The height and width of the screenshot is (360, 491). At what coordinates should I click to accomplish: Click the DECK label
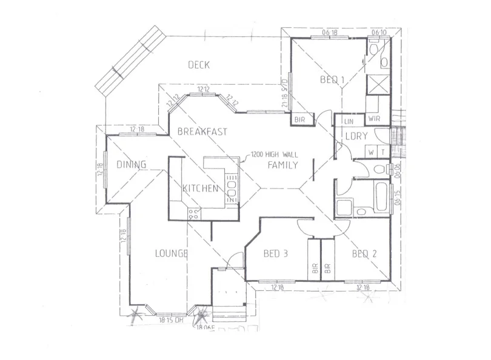click(198, 65)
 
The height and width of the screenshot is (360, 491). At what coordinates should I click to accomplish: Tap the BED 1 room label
click(332, 79)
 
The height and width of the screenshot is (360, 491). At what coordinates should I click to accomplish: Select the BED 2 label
click(364, 254)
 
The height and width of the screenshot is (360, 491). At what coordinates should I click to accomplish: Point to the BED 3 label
click(275, 254)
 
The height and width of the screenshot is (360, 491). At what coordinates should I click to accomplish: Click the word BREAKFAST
click(202, 131)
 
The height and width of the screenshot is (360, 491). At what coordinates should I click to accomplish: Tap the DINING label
click(132, 164)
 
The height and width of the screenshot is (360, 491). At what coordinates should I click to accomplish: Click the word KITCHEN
click(200, 188)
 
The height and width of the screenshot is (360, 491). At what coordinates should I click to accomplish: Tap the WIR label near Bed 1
click(373, 119)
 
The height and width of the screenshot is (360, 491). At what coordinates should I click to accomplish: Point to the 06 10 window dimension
click(379, 32)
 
